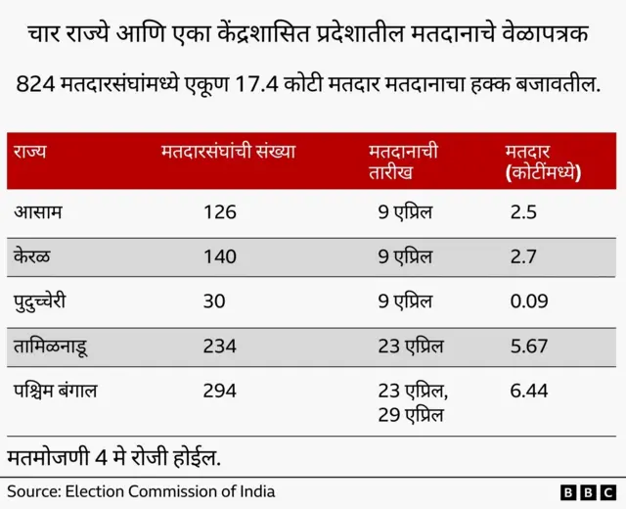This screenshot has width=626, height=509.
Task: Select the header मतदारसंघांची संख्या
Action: pyautogui.click(x=228, y=152)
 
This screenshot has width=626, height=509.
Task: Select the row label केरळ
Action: pyautogui.click(x=33, y=256)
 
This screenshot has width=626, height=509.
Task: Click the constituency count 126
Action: pyautogui.click(x=220, y=211)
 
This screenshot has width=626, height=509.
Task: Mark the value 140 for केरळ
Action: pyautogui.click(x=220, y=256)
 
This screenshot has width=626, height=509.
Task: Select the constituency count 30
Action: pyautogui.click(x=214, y=301)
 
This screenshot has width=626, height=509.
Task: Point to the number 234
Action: pyautogui.click(x=220, y=346)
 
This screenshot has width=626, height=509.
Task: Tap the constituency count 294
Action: pyautogui.click(x=220, y=391)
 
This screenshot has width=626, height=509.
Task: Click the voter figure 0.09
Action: pyautogui.click(x=529, y=301)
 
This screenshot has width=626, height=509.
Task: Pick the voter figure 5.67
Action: pyautogui.click(x=529, y=346)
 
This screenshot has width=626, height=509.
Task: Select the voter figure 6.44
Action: pyautogui.click(x=529, y=391)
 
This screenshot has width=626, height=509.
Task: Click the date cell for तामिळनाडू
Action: pyautogui.click(x=411, y=346)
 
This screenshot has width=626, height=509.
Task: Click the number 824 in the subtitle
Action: pyautogui.click(x=35, y=86)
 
